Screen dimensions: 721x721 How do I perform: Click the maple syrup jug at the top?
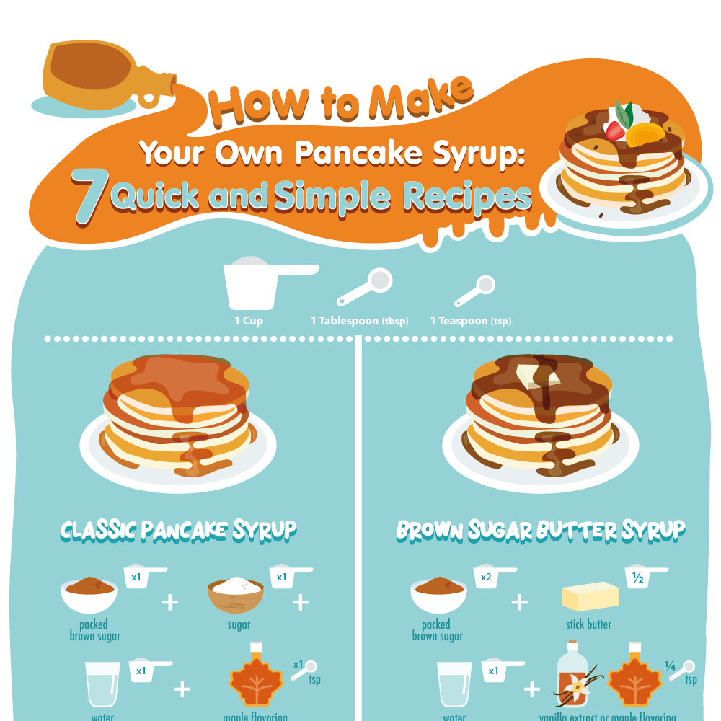point(101,76)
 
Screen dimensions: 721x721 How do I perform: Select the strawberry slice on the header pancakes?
point(614,131)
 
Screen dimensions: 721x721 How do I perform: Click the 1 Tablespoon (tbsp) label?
point(359,321)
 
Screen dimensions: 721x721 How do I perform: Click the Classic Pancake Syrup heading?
point(178,530)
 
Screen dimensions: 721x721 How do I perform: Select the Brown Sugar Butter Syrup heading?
point(540,530)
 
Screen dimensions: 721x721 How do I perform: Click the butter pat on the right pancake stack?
point(534,377)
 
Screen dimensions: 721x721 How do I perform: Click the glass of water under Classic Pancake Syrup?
point(102,684)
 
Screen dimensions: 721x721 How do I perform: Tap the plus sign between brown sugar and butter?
point(520,601)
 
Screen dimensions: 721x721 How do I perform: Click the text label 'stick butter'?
point(589,624)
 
